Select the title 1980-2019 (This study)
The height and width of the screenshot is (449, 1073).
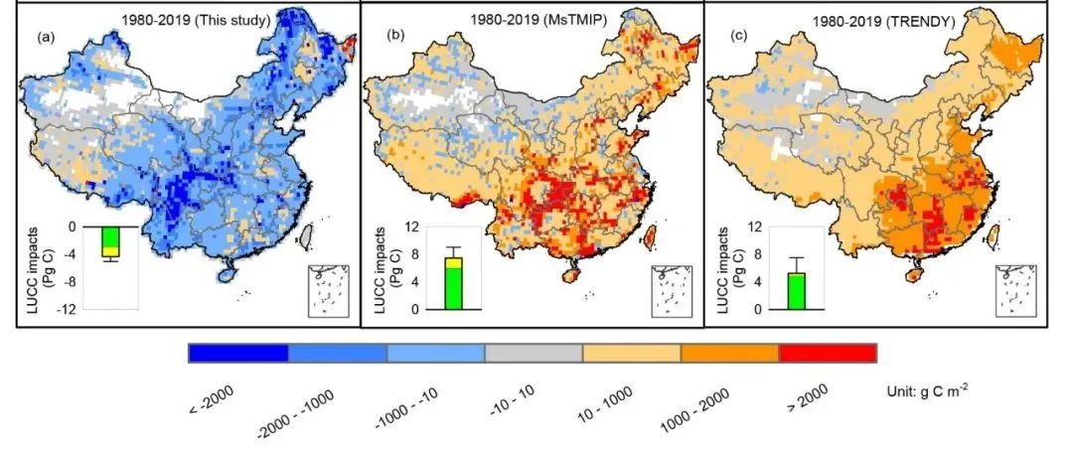[x=189, y=18]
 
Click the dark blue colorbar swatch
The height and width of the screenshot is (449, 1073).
[x=238, y=354]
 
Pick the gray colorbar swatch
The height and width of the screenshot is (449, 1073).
[x=534, y=354]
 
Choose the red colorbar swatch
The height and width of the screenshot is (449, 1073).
[x=829, y=354]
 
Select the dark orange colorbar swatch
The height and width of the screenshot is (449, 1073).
[x=730, y=354]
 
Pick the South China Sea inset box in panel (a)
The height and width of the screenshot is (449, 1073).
[x=329, y=289]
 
